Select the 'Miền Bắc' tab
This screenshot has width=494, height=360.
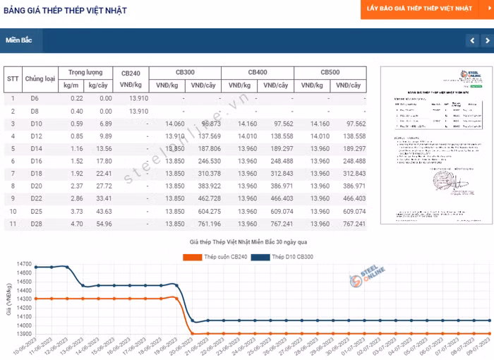pos(20,40)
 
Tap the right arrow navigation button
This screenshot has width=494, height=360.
pos(487,41)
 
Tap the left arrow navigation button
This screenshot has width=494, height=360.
pos(472,41)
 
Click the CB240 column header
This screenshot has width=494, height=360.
pos(131,73)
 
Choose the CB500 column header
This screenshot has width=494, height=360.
pos(330,73)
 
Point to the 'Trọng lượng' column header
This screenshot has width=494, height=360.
pos(85,73)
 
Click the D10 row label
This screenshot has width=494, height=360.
pos(35,124)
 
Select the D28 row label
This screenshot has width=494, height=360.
pos(35,224)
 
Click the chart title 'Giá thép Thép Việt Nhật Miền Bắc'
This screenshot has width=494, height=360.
pos(247,242)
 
